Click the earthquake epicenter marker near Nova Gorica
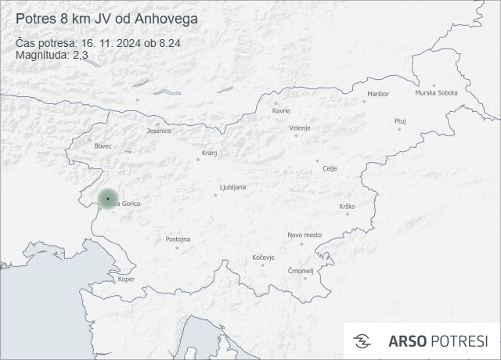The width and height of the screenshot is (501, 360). pyautogui.click(x=108, y=199)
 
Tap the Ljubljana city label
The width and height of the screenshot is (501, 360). pyautogui.click(x=233, y=187)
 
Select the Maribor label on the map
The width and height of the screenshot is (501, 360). pyautogui.click(x=377, y=94)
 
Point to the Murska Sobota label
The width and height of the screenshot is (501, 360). pyautogui.click(x=436, y=92)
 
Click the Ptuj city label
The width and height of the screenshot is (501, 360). pyautogui.click(x=400, y=121)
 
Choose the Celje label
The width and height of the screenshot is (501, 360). pyautogui.click(x=330, y=168)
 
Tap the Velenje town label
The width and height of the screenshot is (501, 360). pyautogui.click(x=300, y=128)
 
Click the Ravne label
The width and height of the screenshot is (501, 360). pyautogui.click(x=281, y=110)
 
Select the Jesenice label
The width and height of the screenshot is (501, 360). pyautogui.click(x=159, y=131)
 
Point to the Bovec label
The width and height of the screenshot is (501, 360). pyautogui.click(x=103, y=146)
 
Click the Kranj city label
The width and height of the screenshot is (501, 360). pyautogui.click(x=209, y=153)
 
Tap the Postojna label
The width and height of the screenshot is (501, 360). pyautogui.click(x=178, y=239)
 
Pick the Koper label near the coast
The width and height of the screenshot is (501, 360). pyautogui.click(x=126, y=279)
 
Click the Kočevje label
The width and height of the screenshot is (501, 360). pyautogui.click(x=264, y=257)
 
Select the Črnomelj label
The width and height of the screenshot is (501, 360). pyautogui.click(x=301, y=271)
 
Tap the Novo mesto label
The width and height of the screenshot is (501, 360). pyautogui.click(x=305, y=235)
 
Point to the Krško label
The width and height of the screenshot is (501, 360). pyautogui.click(x=348, y=207)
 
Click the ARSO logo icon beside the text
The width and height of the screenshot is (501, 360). pyautogui.click(x=362, y=340)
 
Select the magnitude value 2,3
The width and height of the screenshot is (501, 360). pyautogui.click(x=80, y=54)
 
